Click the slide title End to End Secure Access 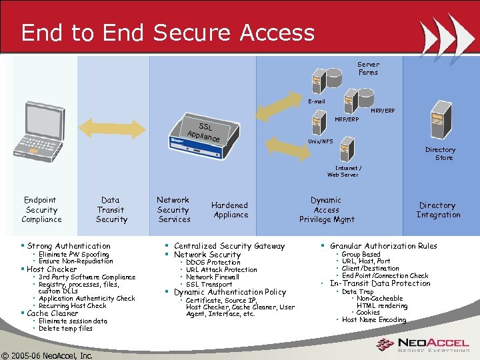(x=167, y=33)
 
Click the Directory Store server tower (x=441, y=120)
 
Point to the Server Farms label (x=368, y=69)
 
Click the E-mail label (x=316, y=101)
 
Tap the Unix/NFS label (x=321, y=141)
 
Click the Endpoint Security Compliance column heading (x=41, y=209)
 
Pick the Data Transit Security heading (x=111, y=209)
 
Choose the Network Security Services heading (x=173, y=209)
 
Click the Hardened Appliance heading (x=230, y=210)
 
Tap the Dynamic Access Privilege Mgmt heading (x=327, y=209)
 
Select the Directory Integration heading (x=438, y=210)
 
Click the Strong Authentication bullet (x=69, y=246)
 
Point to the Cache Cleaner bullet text (x=53, y=313)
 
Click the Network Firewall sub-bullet (x=212, y=277)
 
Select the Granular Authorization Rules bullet (x=383, y=246)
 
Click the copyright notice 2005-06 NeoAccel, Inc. (x=47, y=355)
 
